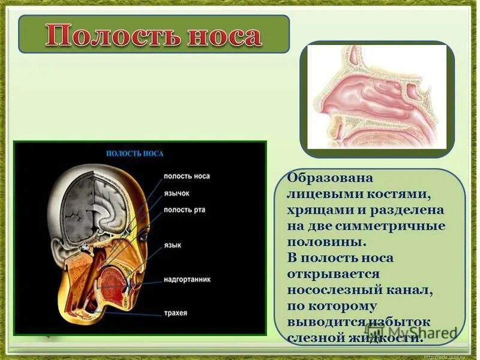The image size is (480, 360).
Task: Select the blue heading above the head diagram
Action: (134, 154)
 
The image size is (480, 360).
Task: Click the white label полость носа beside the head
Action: (187, 176)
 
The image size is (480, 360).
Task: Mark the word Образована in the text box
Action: (330, 179)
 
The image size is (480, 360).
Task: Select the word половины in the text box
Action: (325, 242)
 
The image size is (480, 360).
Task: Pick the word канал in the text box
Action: (408, 290)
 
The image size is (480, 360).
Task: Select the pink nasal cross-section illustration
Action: (377, 97)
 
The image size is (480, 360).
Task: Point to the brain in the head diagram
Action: (102, 204)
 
